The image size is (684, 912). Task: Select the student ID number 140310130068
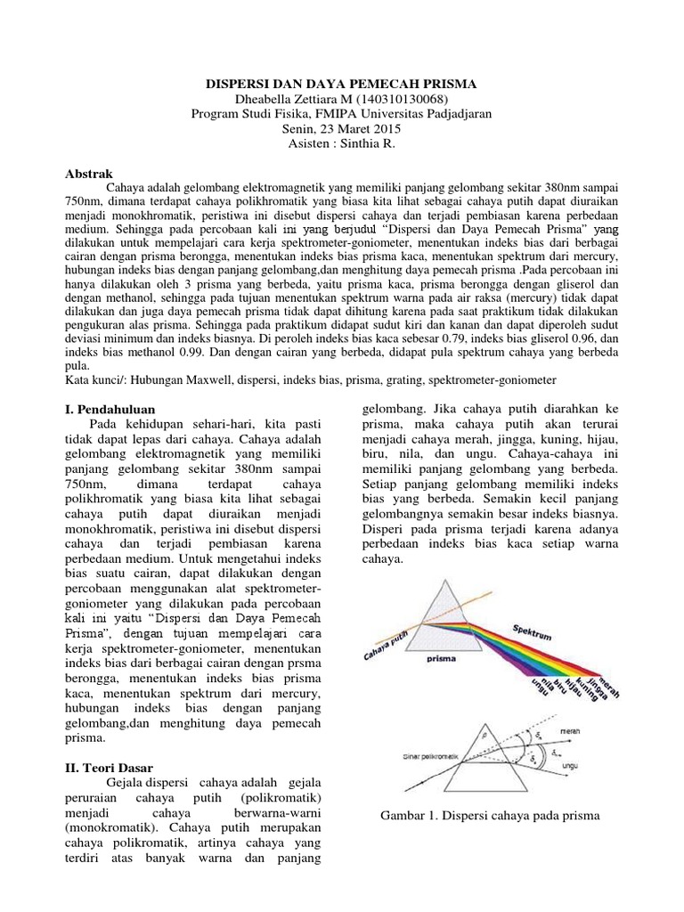(401, 99)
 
